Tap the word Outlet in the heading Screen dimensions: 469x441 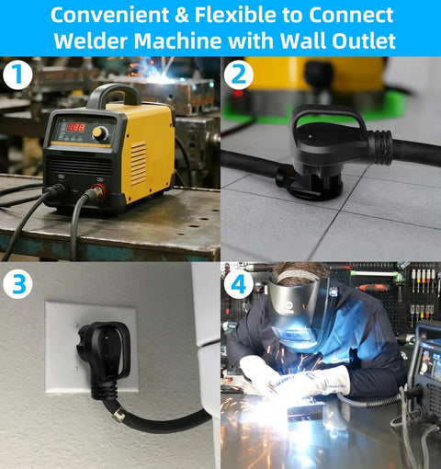pyautogui.click(x=360, y=41)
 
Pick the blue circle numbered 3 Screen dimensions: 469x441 pyautogui.click(x=18, y=282)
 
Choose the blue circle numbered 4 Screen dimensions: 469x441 pyautogui.click(x=239, y=284)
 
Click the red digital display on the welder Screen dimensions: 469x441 pyautogui.click(x=75, y=128)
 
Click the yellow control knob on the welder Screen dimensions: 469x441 pyautogui.click(x=99, y=134)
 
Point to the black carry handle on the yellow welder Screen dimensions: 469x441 pyautogui.click(x=114, y=93)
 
